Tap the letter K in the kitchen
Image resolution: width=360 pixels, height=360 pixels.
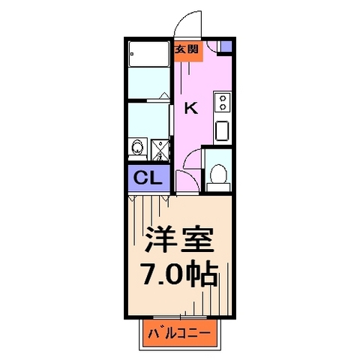pos(191,108)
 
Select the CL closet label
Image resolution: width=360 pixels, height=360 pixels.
pos(146,179)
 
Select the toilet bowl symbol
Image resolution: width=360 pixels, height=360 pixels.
pos(219,173)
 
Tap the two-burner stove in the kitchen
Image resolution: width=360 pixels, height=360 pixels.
pos(223,103)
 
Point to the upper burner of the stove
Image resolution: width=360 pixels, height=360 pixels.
pos(223,98)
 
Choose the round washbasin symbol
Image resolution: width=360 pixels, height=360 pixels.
pos(137,148)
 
